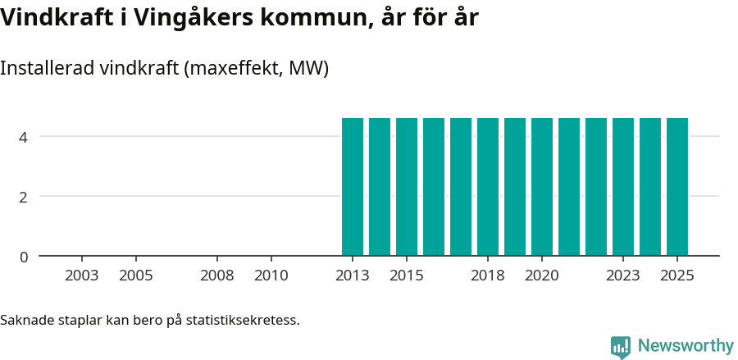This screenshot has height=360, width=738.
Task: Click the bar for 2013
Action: point(353,187)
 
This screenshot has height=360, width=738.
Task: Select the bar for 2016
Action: point(434,187)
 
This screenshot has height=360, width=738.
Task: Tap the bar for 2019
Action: point(515,187)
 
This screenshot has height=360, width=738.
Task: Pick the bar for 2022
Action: point(596,187)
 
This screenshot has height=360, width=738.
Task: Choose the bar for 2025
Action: point(677,187)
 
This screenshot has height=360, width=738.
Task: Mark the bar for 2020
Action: point(542,187)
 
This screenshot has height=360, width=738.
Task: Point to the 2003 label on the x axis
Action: point(82,276)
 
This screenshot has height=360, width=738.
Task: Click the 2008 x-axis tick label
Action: point(217,276)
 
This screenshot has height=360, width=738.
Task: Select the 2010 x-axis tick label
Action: point(271,276)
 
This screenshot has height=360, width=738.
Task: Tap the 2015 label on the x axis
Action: point(407,276)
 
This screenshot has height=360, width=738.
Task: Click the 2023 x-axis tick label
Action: point(623,276)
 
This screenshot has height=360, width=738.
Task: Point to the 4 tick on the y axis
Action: point(24,136)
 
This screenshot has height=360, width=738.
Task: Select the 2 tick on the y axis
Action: point(24,197)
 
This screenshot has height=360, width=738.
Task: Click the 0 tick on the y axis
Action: point(24,257)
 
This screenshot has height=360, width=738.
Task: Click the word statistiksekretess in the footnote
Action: point(243,320)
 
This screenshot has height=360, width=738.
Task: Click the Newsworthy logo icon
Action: point(621,346)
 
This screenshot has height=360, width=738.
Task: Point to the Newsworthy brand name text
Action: point(686,346)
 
